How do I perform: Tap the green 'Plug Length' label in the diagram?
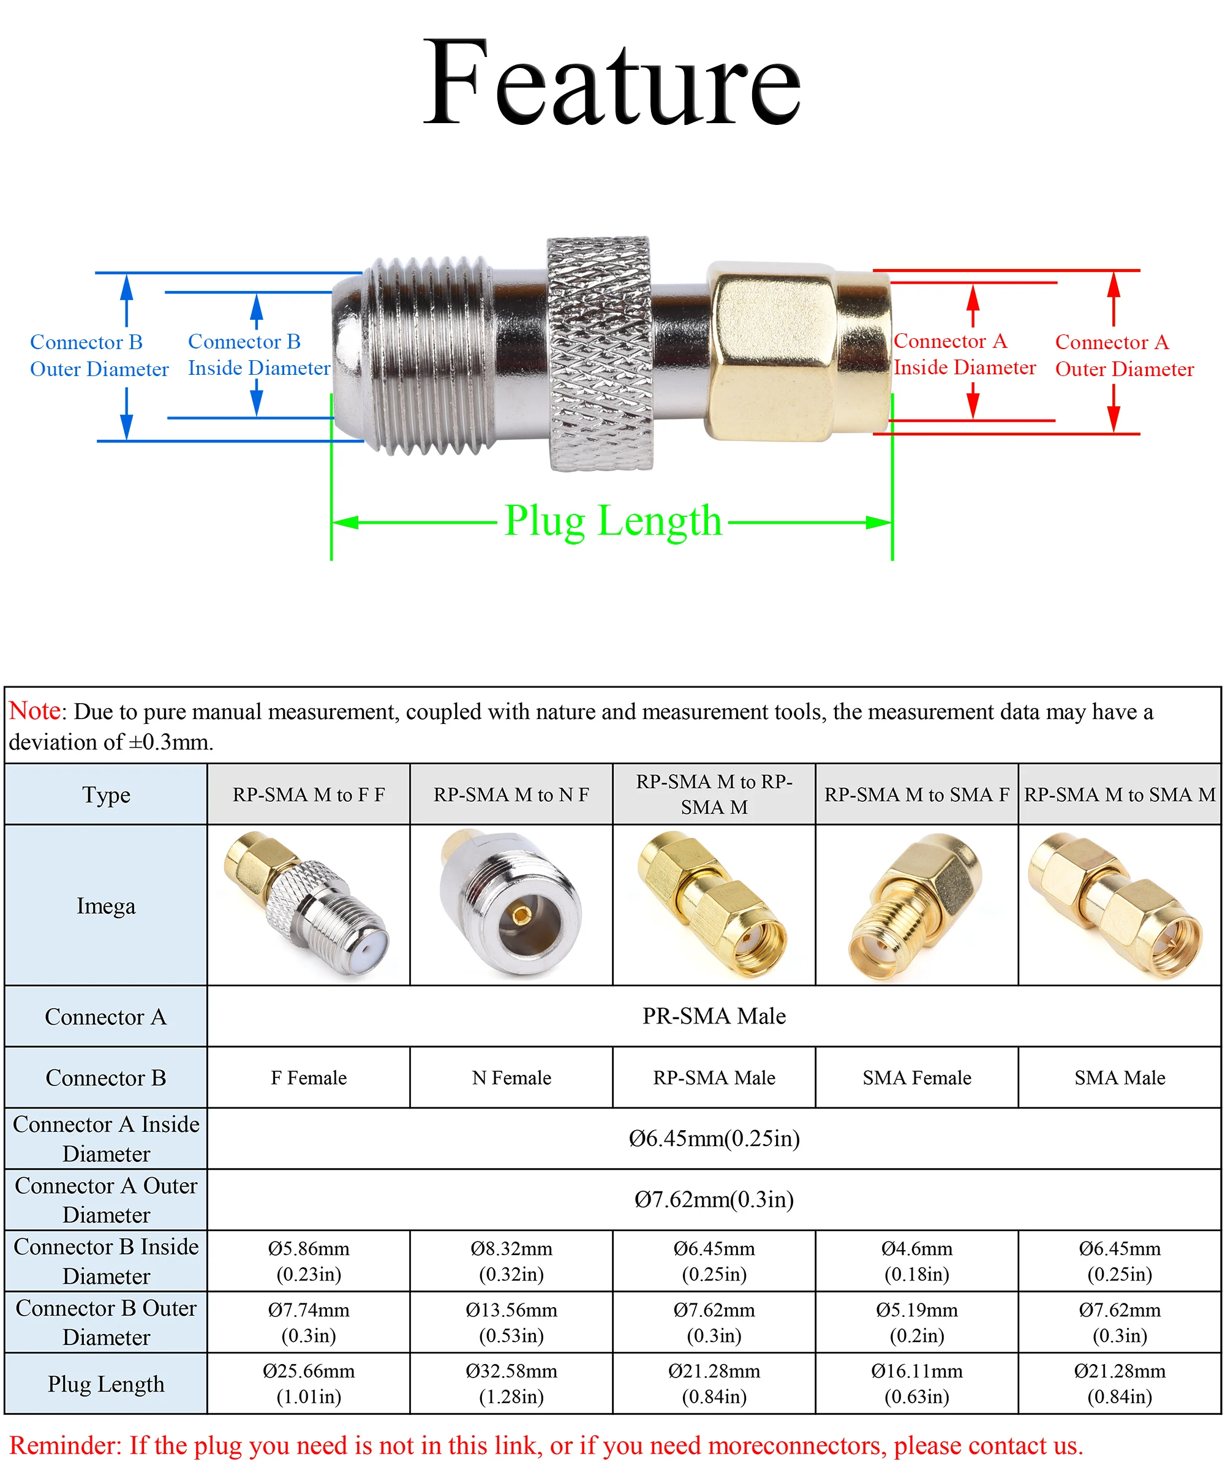(612, 521)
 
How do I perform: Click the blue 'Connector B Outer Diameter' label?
(99, 356)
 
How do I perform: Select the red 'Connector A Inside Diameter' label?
(964, 354)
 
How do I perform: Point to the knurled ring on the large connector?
(599, 353)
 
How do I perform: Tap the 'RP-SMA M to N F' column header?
(511, 794)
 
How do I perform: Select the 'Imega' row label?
(106, 906)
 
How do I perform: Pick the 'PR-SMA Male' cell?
(714, 1016)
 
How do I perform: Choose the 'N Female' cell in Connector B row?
(511, 1077)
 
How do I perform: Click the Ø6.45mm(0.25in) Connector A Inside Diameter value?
(714, 1138)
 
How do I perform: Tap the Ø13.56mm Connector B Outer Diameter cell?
(511, 1322)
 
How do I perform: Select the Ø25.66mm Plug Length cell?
(309, 1383)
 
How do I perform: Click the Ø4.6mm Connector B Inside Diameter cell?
(916, 1261)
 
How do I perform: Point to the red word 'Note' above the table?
(34, 710)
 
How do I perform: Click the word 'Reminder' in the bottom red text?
(66, 1445)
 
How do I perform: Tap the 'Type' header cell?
(106, 794)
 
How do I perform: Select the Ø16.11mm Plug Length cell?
(916, 1383)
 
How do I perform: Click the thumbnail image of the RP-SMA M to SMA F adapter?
(916, 906)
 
